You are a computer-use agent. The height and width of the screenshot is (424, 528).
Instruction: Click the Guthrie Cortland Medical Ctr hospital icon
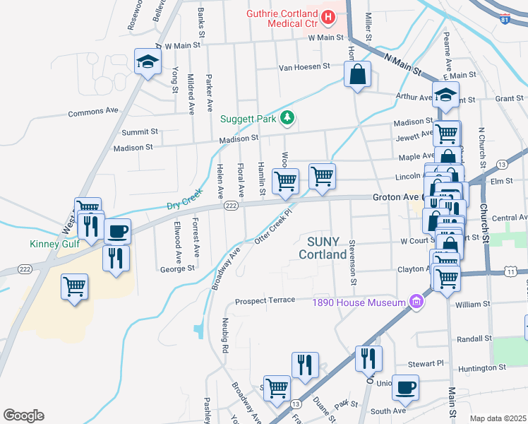328,15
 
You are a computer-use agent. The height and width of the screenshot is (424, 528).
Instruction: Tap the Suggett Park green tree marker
287,118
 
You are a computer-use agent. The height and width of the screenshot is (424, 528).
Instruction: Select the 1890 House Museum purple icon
416,302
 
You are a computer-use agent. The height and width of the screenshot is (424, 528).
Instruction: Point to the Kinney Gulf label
53,245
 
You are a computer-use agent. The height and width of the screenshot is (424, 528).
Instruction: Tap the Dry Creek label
184,204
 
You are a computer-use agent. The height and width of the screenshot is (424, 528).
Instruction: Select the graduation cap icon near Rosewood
147,61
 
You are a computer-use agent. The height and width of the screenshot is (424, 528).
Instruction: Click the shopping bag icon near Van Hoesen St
357,73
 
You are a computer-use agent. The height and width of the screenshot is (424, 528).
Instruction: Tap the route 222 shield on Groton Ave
230,205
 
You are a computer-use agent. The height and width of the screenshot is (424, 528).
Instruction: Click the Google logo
23,416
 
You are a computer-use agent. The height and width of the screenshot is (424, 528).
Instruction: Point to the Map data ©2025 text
497,418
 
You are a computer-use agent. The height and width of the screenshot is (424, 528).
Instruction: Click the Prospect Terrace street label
265,300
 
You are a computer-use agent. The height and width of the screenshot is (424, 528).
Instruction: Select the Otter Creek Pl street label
274,225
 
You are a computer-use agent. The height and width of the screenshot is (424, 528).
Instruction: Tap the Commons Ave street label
93,112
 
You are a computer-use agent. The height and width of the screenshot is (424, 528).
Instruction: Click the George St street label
177,269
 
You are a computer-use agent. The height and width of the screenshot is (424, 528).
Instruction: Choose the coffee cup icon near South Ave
405,387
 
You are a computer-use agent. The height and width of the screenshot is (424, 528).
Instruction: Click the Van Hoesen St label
304,66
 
